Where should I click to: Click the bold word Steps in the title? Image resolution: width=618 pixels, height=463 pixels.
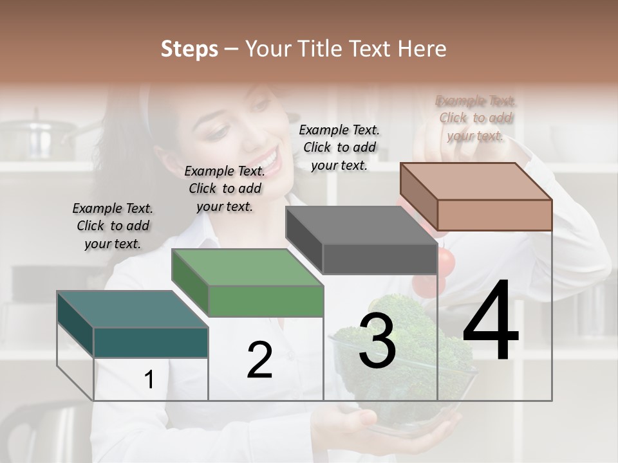(189, 49)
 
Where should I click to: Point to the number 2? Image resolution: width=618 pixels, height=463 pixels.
(259, 360)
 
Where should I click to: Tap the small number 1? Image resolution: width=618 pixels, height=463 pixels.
(149, 380)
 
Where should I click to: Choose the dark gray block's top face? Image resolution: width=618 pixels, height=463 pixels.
(360, 225)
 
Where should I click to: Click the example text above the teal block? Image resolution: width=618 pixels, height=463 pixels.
(113, 226)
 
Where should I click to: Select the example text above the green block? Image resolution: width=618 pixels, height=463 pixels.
(225, 188)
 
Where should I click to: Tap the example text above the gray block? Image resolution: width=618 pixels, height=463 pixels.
(339, 147)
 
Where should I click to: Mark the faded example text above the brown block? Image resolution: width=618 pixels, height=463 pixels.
(476, 118)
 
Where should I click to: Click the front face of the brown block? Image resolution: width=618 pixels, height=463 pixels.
(494, 215)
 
